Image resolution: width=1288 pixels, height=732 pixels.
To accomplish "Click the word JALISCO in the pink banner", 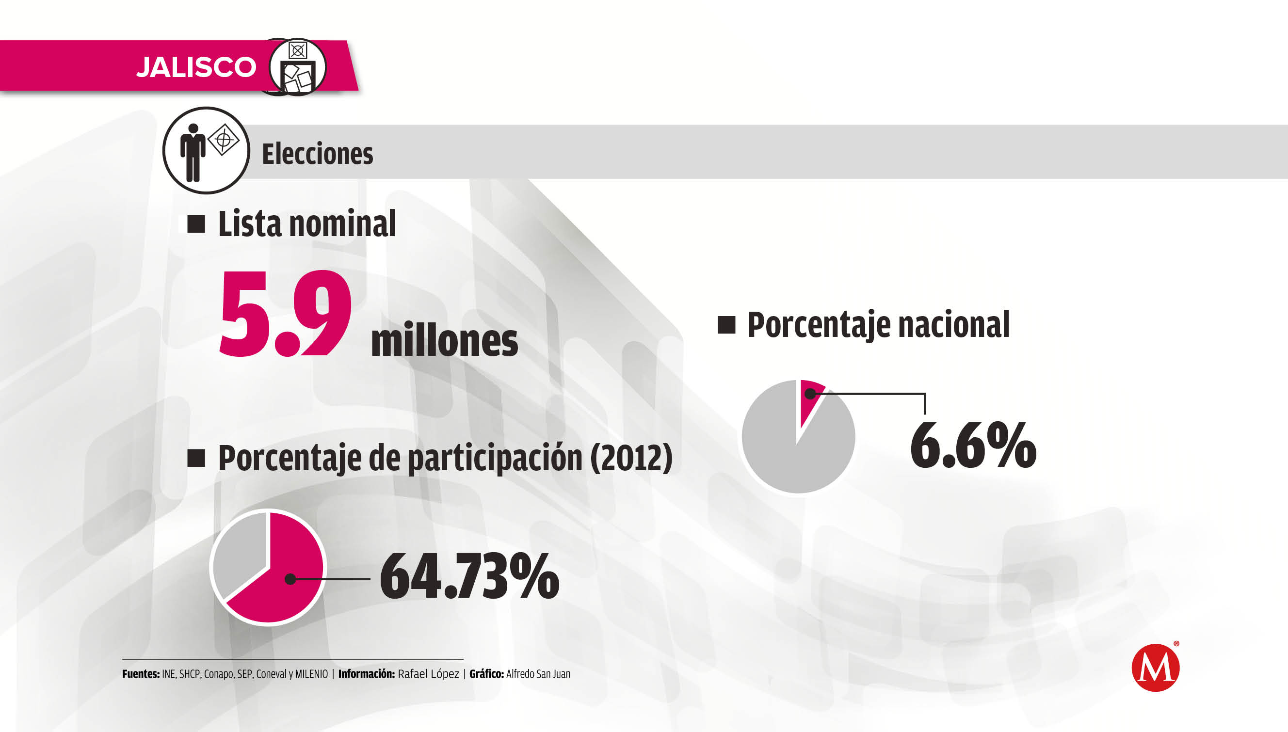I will point(196,67).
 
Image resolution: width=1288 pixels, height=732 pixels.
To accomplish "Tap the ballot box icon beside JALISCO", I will point(298,67).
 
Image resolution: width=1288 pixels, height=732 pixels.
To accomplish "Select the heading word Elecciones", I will point(317,154).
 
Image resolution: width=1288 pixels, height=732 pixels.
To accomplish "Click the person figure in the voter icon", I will point(193,152).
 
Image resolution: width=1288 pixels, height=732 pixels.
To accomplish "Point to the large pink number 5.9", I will point(285,314).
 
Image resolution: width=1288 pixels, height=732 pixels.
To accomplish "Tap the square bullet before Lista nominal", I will point(196,224).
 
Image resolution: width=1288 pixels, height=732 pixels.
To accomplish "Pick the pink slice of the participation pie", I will point(287,578).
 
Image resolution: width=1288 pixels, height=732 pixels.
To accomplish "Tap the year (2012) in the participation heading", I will point(631,458).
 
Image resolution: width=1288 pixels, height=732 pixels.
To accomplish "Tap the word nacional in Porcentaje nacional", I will point(953,325).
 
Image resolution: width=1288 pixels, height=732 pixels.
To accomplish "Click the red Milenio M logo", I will point(1155,668).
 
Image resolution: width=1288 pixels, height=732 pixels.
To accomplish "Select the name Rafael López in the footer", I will point(428,674).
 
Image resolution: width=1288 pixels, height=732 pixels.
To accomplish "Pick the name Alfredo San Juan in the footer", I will point(538,674).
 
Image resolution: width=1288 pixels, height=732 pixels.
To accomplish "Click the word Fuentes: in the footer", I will point(141,674).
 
